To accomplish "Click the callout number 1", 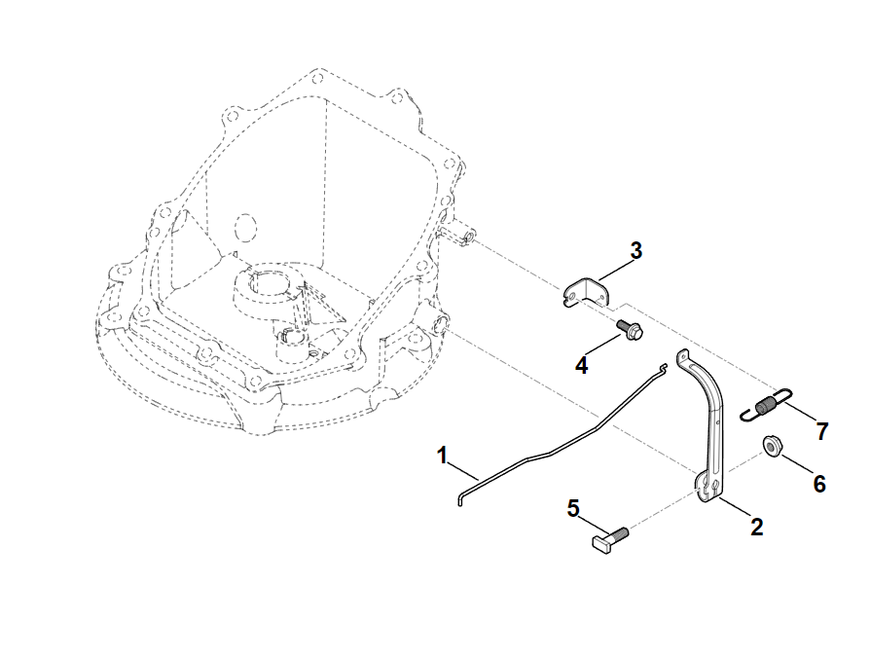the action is [x=442, y=456].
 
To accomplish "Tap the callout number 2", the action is [x=756, y=527].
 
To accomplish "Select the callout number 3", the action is [x=636, y=250].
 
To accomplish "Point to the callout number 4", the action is [x=581, y=366].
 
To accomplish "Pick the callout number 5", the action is [x=573, y=508].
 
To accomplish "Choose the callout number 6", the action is [x=819, y=484].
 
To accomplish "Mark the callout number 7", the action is [x=822, y=431].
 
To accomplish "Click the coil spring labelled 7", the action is [x=765, y=405].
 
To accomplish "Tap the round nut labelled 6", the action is [x=771, y=446].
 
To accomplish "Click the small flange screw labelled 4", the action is [x=631, y=330].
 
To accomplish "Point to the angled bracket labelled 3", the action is [x=584, y=292].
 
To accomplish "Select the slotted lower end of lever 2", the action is [x=709, y=488].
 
